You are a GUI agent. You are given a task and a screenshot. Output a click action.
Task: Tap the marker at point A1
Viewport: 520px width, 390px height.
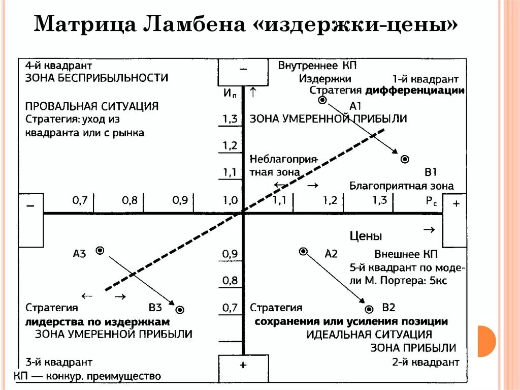tap(321, 100)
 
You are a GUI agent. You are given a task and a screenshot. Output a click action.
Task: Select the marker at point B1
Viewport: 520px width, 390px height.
tap(405, 159)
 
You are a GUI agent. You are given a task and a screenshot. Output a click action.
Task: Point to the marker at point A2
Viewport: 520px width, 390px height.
tap(303, 251)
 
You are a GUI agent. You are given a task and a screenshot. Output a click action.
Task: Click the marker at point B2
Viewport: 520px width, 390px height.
tap(369, 309)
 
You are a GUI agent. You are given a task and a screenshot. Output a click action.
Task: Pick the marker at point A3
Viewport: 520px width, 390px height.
tap(100, 250)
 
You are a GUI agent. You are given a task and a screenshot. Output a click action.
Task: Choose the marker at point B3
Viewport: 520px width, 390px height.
tap(180, 309)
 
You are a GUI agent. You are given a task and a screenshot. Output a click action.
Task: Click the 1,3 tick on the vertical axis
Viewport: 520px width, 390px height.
tap(230, 119)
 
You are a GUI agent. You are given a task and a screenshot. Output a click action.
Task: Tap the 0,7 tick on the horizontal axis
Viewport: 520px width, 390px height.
tap(80, 200)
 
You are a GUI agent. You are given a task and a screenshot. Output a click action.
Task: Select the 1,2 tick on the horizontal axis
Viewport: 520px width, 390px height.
tap(330, 200)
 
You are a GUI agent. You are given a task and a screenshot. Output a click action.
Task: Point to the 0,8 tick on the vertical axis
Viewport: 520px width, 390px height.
tap(230, 280)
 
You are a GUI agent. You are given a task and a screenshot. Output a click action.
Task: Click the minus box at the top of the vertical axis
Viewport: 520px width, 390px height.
tap(243, 72)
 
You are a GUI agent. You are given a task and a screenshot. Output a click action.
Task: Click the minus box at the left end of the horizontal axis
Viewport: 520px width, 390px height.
tap(30, 220)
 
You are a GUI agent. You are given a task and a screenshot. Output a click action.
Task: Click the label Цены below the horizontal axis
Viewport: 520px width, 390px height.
tap(366, 236)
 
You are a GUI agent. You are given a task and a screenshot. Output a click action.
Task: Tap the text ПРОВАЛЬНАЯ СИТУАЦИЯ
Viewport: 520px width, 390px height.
tap(92, 106)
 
